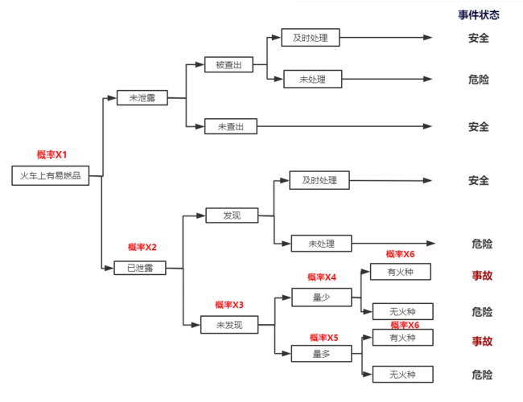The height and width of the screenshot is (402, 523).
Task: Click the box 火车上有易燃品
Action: [x=51, y=176]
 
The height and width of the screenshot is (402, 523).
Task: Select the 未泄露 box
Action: [x=142, y=98]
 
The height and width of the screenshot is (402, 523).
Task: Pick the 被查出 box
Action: [x=229, y=64]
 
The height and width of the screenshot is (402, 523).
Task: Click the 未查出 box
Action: [x=231, y=126]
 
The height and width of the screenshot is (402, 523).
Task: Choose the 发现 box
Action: [x=231, y=215]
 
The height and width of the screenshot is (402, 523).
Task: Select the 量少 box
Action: [x=321, y=297]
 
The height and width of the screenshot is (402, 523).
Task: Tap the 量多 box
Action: [x=321, y=353]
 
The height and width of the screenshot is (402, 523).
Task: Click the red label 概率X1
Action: [x=51, y=154]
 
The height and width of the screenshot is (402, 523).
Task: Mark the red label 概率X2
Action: [x=142, y=247]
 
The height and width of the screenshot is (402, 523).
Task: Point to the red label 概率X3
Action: [x=229, y=305]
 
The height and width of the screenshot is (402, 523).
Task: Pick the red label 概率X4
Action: [x=322, y=277]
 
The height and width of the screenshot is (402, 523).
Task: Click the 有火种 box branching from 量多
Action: [x=402, y=338]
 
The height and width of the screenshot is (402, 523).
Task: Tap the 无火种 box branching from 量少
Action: [x=402, y=311]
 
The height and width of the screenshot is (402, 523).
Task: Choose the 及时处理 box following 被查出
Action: [x=311, y=37]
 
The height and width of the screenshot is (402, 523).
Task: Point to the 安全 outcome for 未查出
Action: [x=479, y=126]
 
